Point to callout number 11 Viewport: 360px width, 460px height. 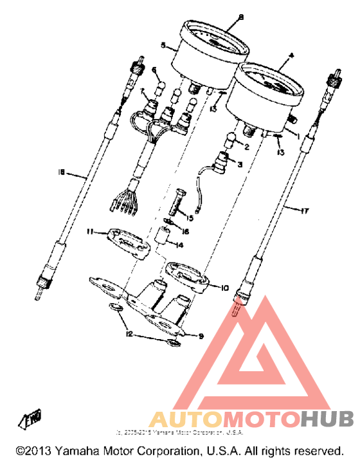[x=91, y=230]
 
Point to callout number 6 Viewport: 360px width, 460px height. [x=154, y=69]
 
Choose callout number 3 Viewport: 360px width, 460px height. [x=240, y=165]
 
